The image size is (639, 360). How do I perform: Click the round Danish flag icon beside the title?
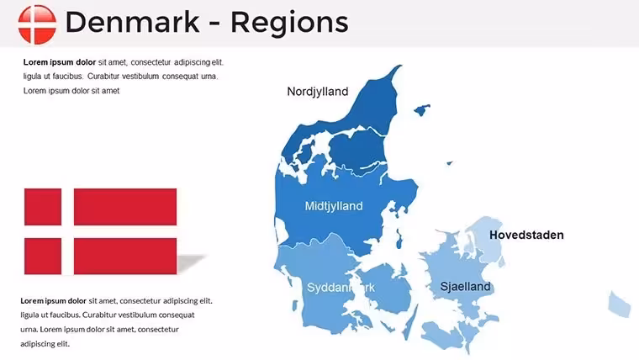[x=37, y=24]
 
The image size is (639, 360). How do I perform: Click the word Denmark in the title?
[x=133, y=22]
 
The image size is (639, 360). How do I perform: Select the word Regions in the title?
[x=290, y=24]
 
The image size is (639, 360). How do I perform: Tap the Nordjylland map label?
[x=318, y=92]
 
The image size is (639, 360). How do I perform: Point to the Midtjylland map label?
[x=334, y=206]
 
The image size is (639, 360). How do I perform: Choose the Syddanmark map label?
[x=341, y=288]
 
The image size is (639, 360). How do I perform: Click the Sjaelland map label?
[x=466, y=286]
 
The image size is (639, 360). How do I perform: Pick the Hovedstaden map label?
[x=526, y=235]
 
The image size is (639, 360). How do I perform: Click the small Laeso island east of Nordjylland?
[x=422, y=110]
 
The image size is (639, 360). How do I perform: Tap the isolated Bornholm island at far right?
[x=620, y=304]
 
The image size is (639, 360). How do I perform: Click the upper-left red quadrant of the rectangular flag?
[x=43, y=207]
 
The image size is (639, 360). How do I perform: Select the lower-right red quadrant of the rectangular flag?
[x=125, y=256]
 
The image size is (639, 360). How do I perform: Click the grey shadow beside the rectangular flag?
[x=191, y=263]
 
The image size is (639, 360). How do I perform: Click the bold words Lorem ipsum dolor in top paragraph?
[x=60, y=62]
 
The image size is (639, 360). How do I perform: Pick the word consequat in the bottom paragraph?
[x=177, y=315]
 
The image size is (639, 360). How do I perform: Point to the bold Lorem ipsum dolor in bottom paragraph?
[x=53, y=301]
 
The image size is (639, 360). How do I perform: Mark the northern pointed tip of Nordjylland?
[x=400, y=66]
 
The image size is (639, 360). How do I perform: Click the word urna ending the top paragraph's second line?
[x=209, y=77]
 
